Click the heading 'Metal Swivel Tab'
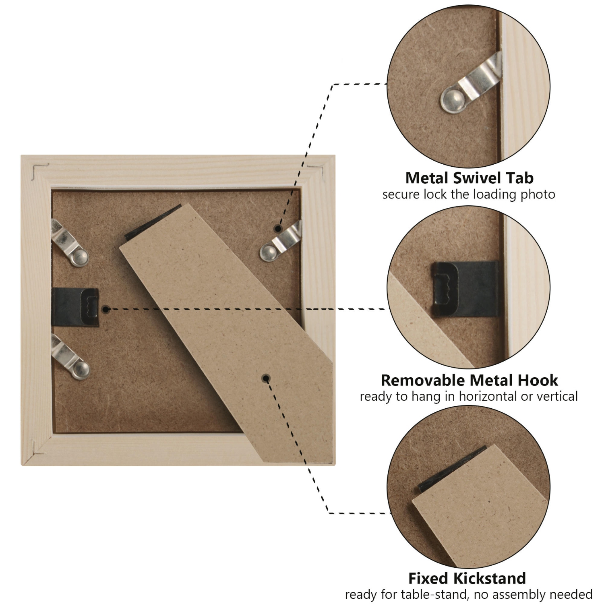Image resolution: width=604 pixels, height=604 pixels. (469, 178)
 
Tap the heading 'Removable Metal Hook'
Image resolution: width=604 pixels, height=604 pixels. (469, 380)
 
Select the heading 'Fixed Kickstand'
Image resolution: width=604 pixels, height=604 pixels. (467, 578)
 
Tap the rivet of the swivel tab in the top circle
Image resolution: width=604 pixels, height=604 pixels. (454, 100)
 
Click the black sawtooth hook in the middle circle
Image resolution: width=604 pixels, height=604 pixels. (464, 288)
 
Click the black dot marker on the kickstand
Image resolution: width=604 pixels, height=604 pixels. (266, 379)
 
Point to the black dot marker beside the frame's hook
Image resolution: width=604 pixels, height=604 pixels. (106, 309)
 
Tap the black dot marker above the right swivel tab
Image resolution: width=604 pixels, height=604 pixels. (277, 228)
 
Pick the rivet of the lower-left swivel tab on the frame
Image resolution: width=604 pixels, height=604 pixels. (81, 370)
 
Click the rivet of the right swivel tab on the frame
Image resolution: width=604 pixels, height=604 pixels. (268, 252)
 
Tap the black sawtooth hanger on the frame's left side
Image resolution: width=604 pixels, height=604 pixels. (76, 307)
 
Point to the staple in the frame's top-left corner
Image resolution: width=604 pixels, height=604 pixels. (39, 170)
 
